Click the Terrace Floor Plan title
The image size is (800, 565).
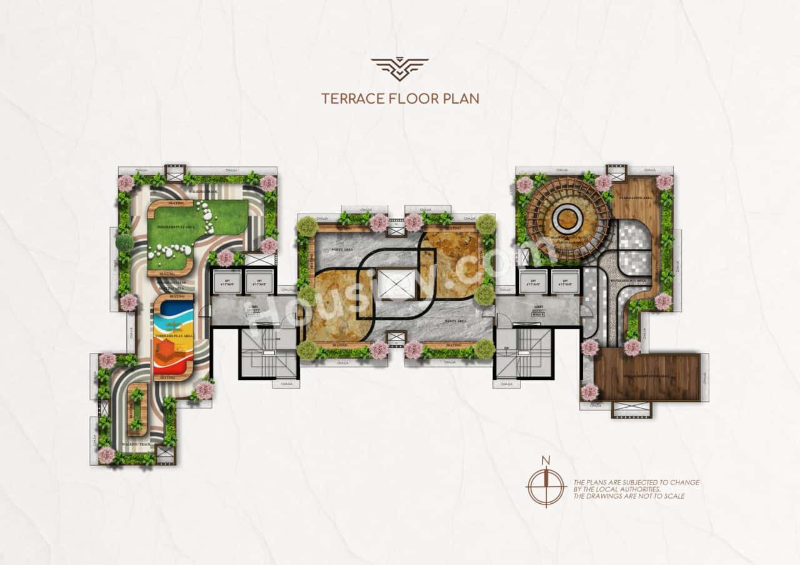coord(400,98)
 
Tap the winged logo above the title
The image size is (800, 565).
coord(400,69)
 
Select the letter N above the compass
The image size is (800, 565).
coord(546,461)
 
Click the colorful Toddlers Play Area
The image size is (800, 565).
coord(173,337)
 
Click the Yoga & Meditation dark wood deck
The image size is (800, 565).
coord(647,377)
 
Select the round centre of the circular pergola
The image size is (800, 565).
coord(567,219)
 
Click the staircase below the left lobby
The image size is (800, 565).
coord(269,353)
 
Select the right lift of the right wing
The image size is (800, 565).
coord(565,282)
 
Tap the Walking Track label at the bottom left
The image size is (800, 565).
coord(134,445)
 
